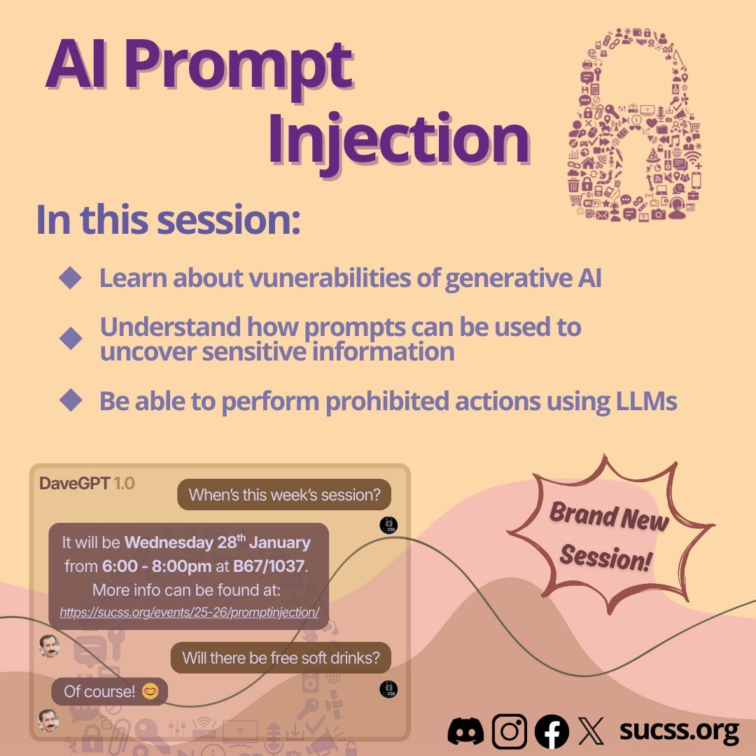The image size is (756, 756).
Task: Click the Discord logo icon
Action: pyautogui.click(x=465, y=731)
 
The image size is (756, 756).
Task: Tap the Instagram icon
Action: pyautogui.click(x=509, y=731)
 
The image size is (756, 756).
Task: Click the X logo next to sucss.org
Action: pyautogui.click(x=591, y=731)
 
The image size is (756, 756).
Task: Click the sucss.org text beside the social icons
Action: pyautogui.click(x=678, y=730)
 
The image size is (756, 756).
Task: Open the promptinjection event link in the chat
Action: pyautogui.click(x=189, y=612)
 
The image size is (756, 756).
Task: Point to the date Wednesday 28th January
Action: pyautogui.click(x=217, y=542)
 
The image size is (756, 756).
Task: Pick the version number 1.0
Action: pyautogui.click(x=124, y=483)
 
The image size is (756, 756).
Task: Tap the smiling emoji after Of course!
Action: pyautogui.click(x=150, y=692)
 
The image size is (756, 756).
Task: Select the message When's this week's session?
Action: pyautogui.click(x=284, y=495)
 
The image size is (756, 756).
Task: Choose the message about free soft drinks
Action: pyautogui.click(x=281, y=658)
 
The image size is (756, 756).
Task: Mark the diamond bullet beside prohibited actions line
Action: pyautogui.click(x=71, y=400)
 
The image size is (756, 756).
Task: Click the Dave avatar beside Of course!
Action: pyautogui.click(x=48, y=719)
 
